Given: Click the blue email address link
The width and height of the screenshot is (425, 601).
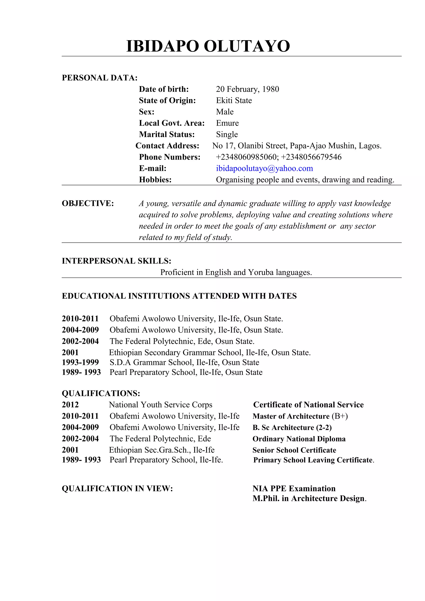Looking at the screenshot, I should point(264,168).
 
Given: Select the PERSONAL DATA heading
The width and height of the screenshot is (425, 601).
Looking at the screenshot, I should point(100,78).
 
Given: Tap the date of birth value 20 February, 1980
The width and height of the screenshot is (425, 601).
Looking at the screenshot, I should point(247,89).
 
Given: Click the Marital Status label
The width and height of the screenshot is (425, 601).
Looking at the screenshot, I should point(167,134).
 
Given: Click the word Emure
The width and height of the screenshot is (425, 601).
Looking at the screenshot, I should point(227,123).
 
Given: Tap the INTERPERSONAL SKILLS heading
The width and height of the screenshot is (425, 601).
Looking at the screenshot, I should point(117,261).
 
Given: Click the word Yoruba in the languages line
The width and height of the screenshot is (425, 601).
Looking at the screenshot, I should point(261,272).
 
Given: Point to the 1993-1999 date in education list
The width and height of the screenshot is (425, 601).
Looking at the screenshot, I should point(80,362).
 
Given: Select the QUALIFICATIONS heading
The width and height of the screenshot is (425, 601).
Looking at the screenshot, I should point(101,393).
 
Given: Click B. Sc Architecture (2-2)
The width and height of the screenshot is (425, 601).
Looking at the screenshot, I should point(292,427).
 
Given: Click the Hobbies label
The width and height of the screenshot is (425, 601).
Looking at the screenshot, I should point(155,180).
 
